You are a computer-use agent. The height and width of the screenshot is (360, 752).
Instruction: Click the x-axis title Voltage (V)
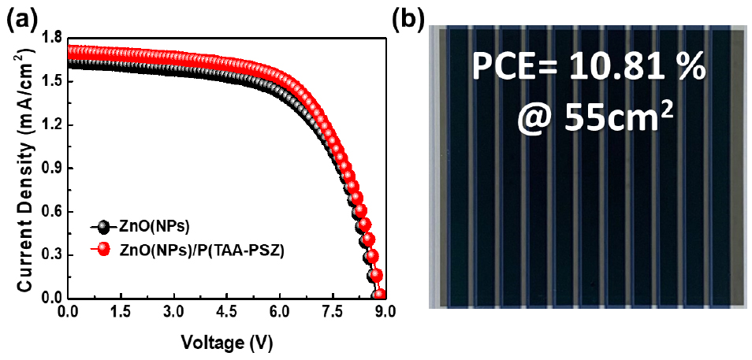coord(227,343)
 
